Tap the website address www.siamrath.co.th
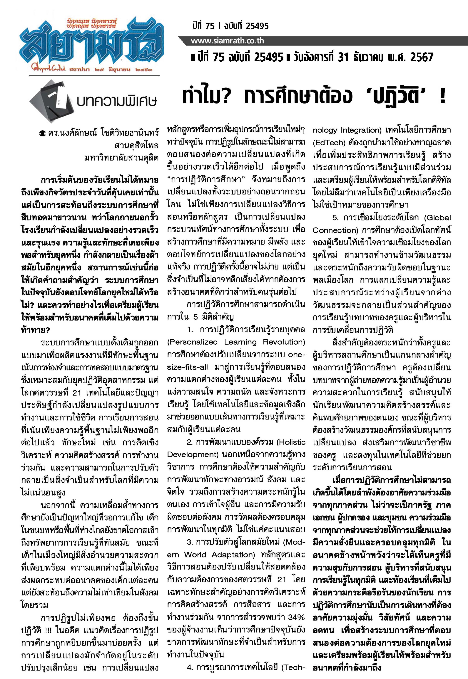click(227, 41)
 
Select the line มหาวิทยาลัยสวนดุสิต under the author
click(121, 158)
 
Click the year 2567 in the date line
click(421, 57)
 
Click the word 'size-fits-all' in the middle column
click(187, 367)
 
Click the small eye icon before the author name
click(42, 134)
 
